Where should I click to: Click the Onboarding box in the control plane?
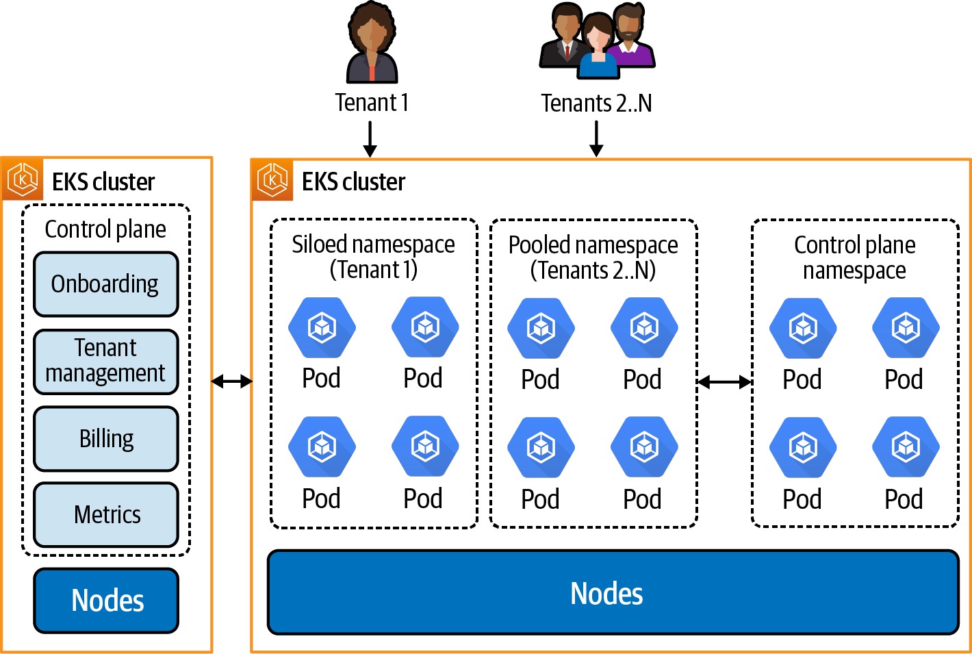(106, 284)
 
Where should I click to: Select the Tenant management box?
(106, 361)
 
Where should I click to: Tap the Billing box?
(106, 438)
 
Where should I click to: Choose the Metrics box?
(106, 514)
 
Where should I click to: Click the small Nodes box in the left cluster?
(106, 601)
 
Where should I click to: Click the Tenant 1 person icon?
(372, 43)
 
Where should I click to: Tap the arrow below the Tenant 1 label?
(370, 139)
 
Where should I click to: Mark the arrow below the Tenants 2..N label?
(596, 139)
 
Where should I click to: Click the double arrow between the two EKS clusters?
(232, 381)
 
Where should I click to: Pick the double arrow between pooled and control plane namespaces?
(724, 382)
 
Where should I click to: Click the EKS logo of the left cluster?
(23, 180)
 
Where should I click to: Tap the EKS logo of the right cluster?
(272, 180)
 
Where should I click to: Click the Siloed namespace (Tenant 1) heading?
(374, 257)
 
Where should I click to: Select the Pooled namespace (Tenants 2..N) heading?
(593, 257)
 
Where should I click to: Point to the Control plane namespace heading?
(854, 257)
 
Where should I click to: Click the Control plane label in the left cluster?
(105, 229)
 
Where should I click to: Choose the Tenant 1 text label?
(372, 103)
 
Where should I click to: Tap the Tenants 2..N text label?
(596, 103)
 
